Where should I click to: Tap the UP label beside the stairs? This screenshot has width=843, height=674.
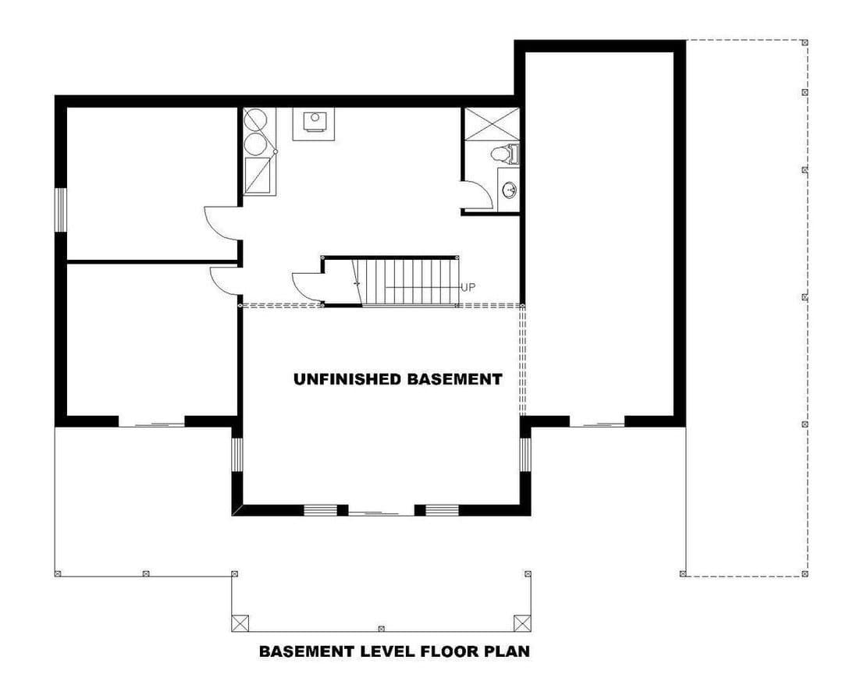click(x=468, y=288)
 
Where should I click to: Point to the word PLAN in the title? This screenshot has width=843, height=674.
click(x=507, y=651)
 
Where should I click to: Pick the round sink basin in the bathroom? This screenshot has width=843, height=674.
click(x=509, y=190)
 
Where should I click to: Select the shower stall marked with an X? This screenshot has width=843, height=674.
click(x=492, y=124)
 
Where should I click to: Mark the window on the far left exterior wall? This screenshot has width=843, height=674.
click(x=61, y=210)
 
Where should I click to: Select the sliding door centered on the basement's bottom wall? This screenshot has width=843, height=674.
click(x=381, y=511)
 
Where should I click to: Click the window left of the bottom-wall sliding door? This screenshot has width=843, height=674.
click(x=321, y=511)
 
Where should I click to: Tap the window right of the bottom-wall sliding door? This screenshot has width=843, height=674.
click(x=442, y=511)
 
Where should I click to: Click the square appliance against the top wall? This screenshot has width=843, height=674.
click(x=313, y=123)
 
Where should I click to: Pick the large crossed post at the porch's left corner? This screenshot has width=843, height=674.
click(x=240, y=623)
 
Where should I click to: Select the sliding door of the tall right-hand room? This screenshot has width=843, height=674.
click(x=597, y=423)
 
